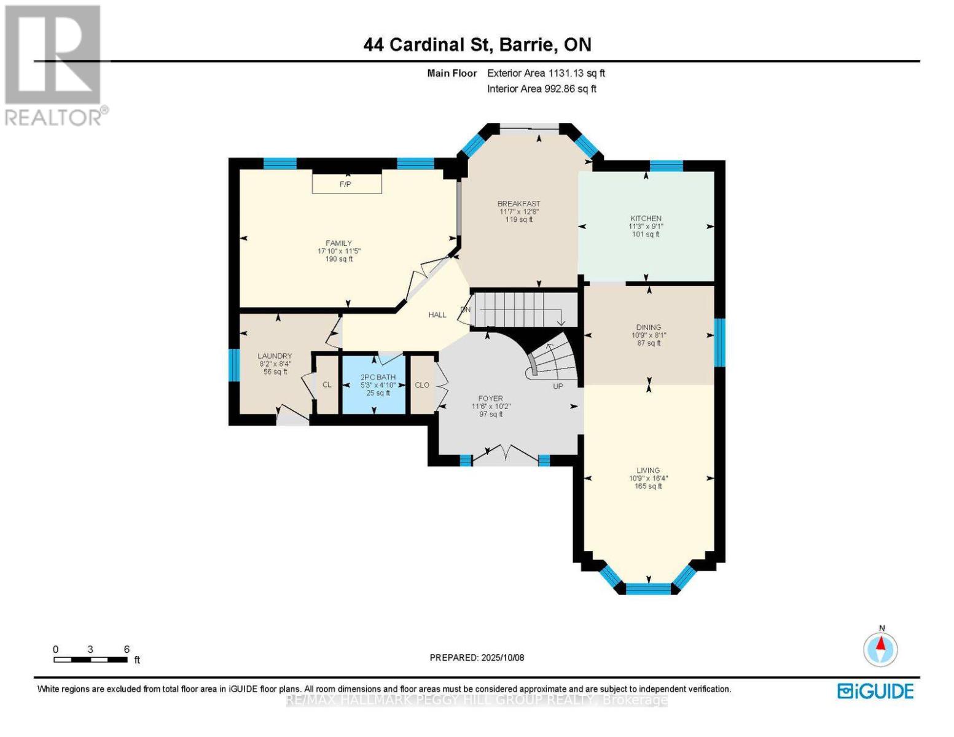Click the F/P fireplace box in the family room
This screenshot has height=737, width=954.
[346, 183]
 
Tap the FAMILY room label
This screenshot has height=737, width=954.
[338, 243]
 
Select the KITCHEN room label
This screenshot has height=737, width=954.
[645, 218]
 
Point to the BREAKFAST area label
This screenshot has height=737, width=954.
[518, 204]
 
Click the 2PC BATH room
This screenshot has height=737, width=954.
[377, 384]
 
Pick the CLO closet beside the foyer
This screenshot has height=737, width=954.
[422, 385]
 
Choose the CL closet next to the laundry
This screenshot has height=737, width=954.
[327, 384]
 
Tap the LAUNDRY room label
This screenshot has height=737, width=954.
[275, 356]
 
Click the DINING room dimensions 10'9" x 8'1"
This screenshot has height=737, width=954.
[649, 335]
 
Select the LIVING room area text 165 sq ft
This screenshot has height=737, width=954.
[648, 486]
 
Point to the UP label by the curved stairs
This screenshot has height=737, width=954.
[558, 386]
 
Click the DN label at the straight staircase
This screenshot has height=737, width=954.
[466, 310]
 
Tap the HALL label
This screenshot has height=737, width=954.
[437, 314]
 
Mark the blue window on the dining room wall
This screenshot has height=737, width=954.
[719, 342]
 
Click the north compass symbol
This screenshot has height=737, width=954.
[881, 649]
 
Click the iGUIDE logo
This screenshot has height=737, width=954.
[875, 691]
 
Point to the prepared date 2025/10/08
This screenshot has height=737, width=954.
[477, 658]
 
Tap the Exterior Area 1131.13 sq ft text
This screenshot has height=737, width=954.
[545, 73]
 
